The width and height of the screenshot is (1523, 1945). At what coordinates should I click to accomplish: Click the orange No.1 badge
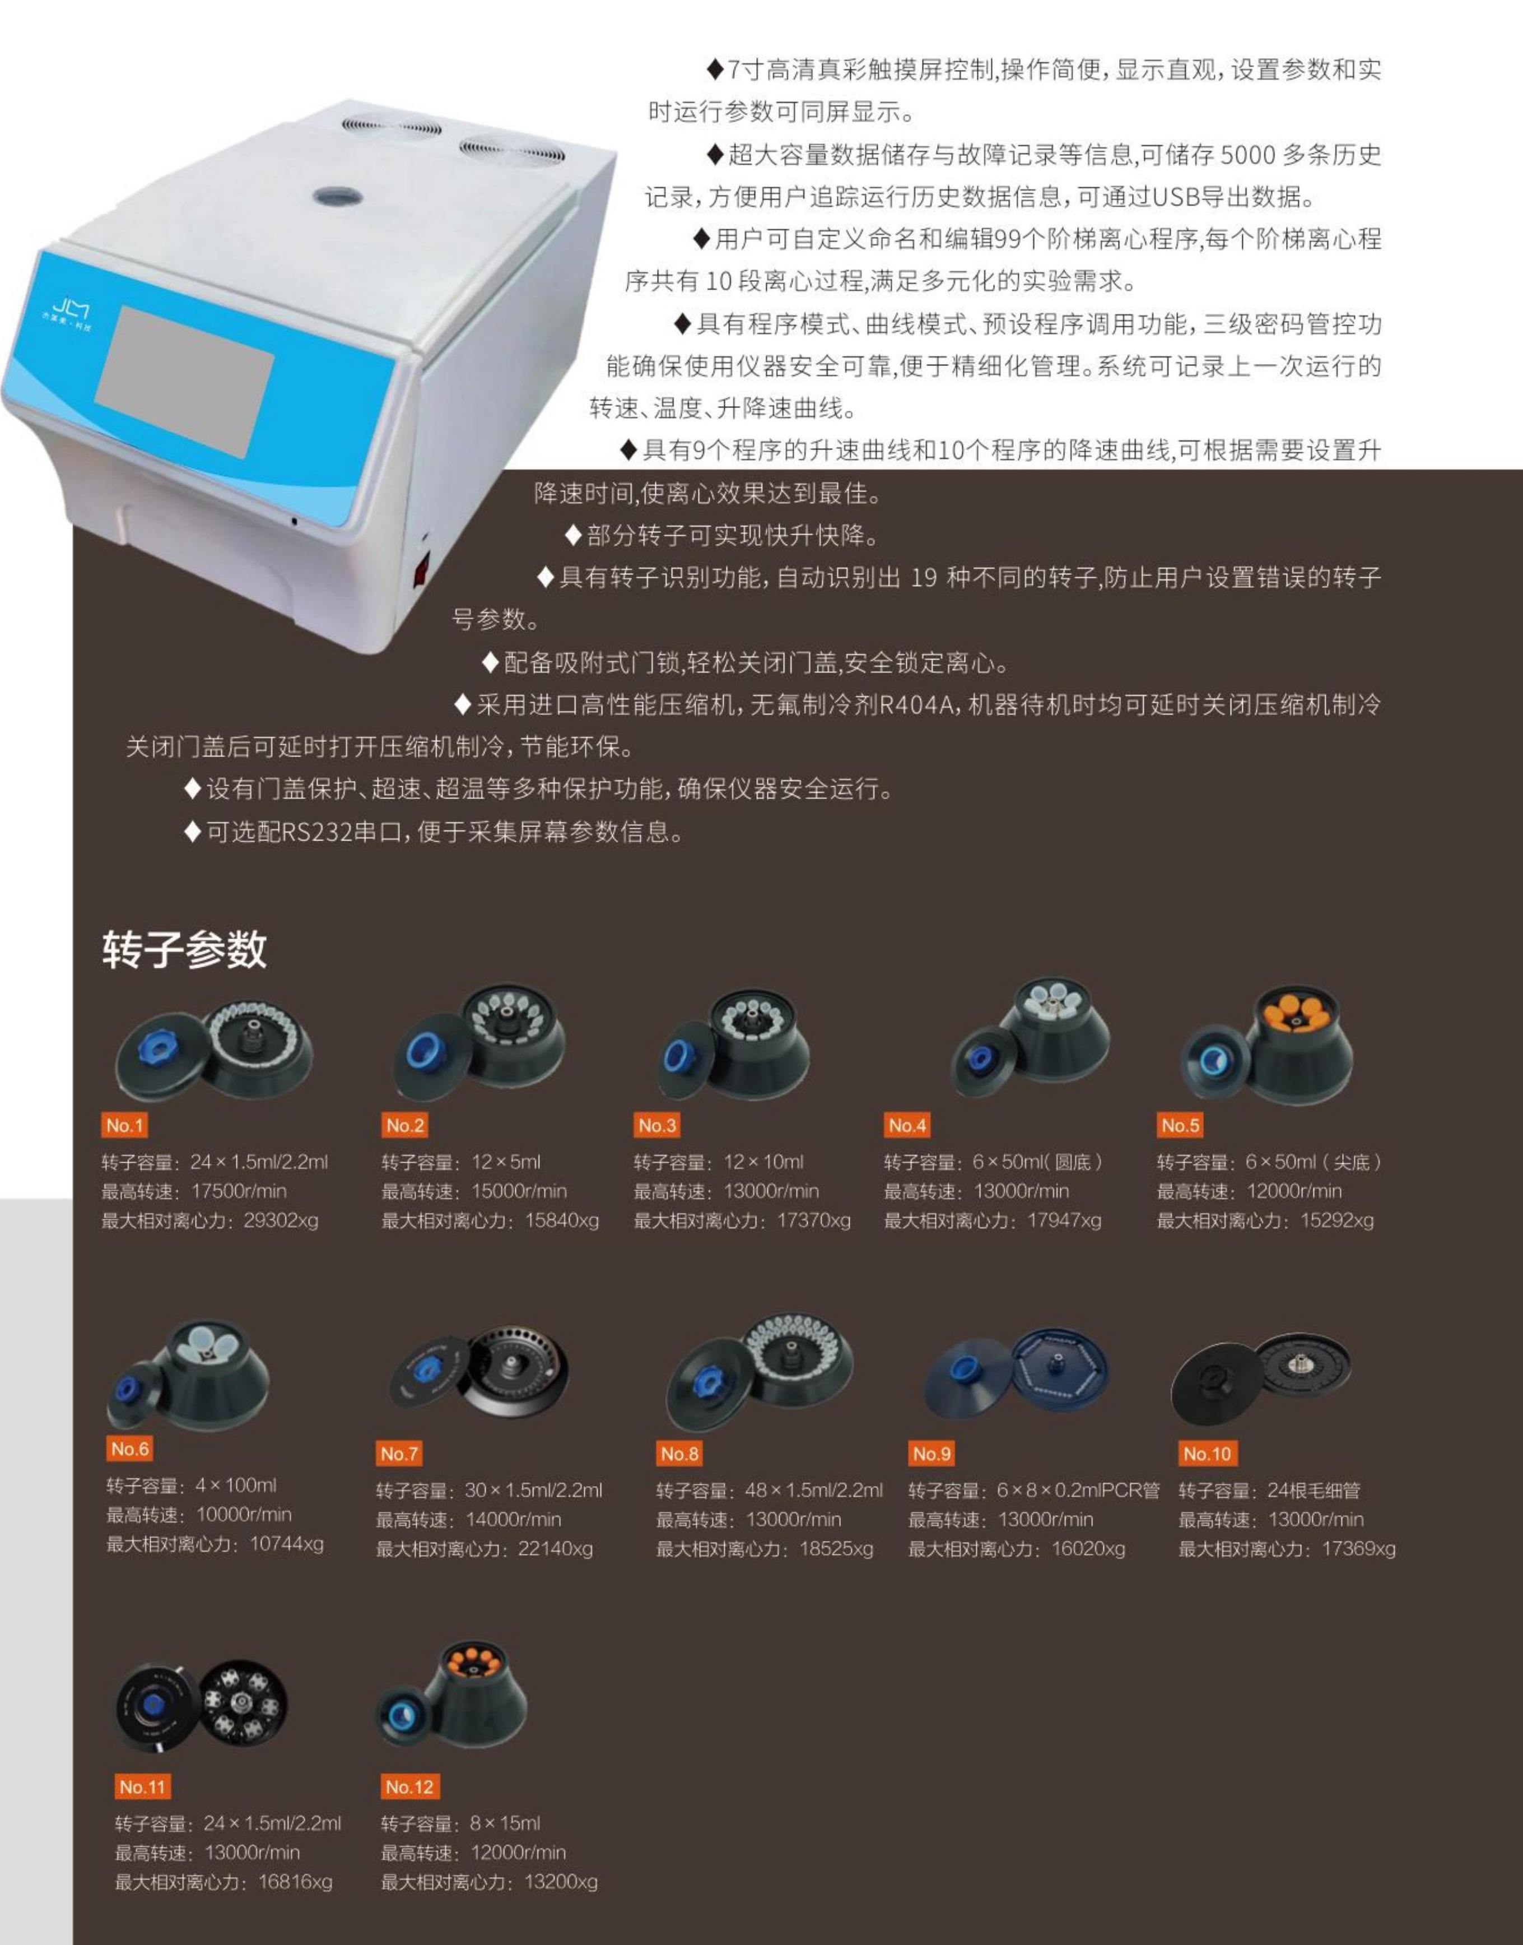(125, 1125)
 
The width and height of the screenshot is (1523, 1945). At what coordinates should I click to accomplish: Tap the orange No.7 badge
(399, 1454)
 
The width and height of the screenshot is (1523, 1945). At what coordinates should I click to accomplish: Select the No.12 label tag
(409, 1786)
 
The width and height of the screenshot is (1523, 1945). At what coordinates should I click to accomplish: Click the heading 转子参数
(185, 948)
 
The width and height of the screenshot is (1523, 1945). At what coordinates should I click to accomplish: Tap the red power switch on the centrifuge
(421, 568)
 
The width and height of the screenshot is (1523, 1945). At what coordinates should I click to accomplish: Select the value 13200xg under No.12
(561, 1882)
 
